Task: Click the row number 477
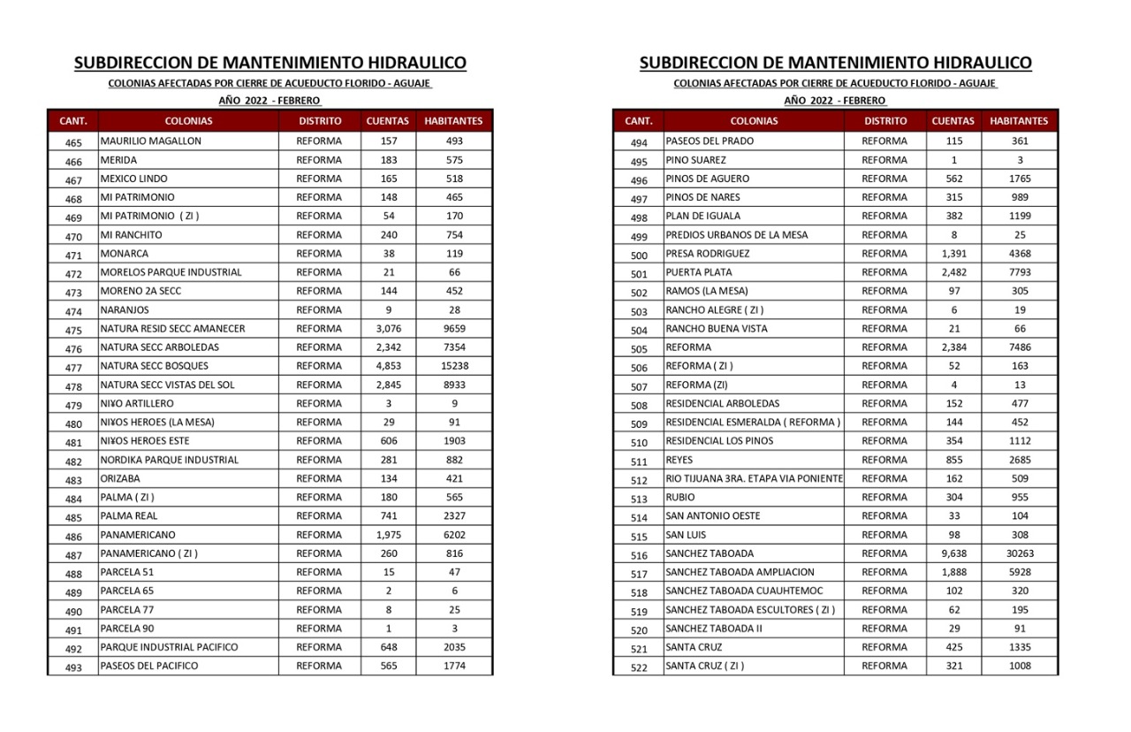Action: coord(73,368)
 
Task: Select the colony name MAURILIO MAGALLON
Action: coord(151,141)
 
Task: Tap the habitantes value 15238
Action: coord(454,366)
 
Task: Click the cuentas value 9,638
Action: coord(953,553)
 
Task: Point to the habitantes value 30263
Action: coord(1020,553)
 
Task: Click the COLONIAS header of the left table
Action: coord(188,121)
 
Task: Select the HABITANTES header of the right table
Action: coord(1019,121)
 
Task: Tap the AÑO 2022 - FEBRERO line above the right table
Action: coord(835,101)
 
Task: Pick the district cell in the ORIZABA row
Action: coord(319,478)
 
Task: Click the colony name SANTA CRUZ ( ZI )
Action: coord(705,666)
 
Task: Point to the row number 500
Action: coord(639,255)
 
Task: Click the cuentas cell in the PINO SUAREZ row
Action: coord(953,160)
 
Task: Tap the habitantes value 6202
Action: coord(454,535)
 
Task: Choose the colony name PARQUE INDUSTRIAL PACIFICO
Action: coord(169,647)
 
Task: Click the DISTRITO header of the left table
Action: coord(320,121)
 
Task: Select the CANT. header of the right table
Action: coord(639,121)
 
